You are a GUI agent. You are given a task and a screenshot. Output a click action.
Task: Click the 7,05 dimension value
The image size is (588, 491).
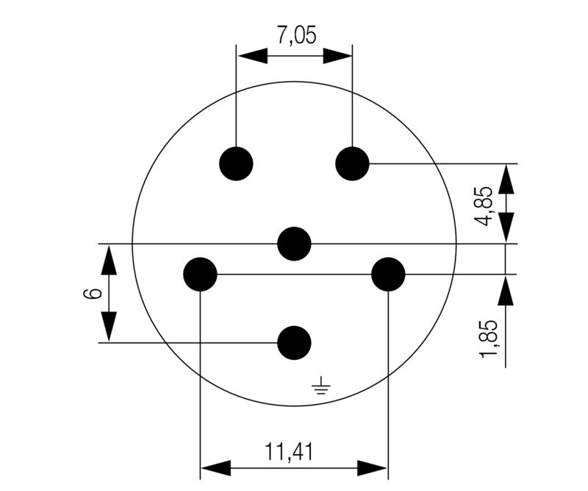point(293,35)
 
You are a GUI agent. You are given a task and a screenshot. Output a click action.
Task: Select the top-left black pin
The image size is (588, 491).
point(237,163)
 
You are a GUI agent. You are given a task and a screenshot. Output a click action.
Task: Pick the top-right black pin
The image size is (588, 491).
point(352,163)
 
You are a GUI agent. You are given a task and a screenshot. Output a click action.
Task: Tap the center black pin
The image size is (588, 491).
point(295,244)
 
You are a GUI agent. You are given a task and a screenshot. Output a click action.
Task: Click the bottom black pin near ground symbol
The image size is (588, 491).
point(294,342)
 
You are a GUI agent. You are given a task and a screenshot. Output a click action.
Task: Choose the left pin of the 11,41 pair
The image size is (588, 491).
point(200,275)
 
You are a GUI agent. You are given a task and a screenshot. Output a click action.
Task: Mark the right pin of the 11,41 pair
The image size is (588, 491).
point(388,275)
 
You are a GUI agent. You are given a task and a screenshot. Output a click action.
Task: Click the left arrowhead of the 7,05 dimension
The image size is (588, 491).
point(251,55)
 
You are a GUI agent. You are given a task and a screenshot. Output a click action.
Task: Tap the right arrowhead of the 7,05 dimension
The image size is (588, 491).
point(338,55)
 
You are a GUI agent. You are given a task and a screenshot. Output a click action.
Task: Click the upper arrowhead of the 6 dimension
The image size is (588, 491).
point(109,259)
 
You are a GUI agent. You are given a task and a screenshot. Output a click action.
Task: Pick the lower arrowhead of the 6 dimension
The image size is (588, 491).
point(109,327)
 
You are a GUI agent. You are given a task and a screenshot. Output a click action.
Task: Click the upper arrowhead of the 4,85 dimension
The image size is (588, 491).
point(506,178)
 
